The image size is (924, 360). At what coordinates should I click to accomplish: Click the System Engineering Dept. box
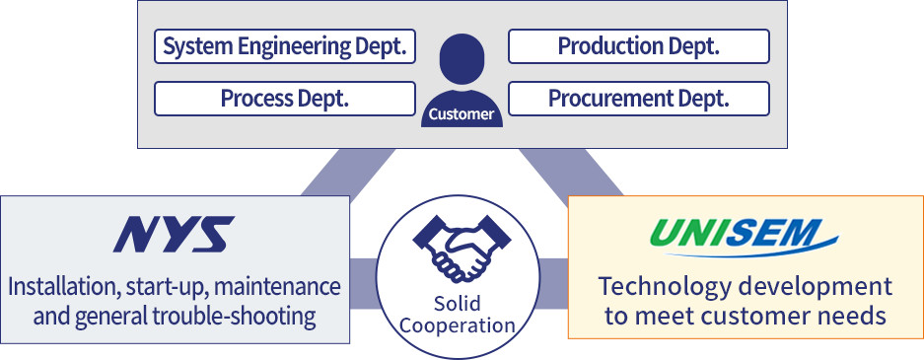click(x=285, y=46)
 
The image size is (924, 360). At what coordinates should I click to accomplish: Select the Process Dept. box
click(x=285, y=99)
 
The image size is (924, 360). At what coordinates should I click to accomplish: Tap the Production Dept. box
click(x=638, y=46)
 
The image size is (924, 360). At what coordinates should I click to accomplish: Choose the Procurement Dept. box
click(x=638, y=99)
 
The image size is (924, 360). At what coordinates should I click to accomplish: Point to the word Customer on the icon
click(x=462, y=115)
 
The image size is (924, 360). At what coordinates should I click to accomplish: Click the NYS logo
click(x=174, y=235)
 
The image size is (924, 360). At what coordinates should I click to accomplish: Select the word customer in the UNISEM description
click(x=758, y=318)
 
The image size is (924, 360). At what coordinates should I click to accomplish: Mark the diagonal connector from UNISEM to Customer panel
click(x=576, y=172)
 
